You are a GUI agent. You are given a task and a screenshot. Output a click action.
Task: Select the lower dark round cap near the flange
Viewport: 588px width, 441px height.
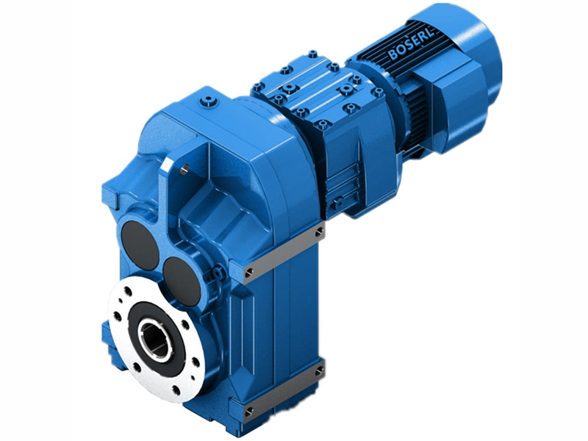182,279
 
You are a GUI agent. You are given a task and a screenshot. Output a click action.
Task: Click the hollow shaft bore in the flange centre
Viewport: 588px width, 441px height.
157,340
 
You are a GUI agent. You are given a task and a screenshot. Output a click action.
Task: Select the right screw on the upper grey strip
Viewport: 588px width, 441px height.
318,232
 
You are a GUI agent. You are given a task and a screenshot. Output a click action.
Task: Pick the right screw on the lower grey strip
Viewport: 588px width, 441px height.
319,367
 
